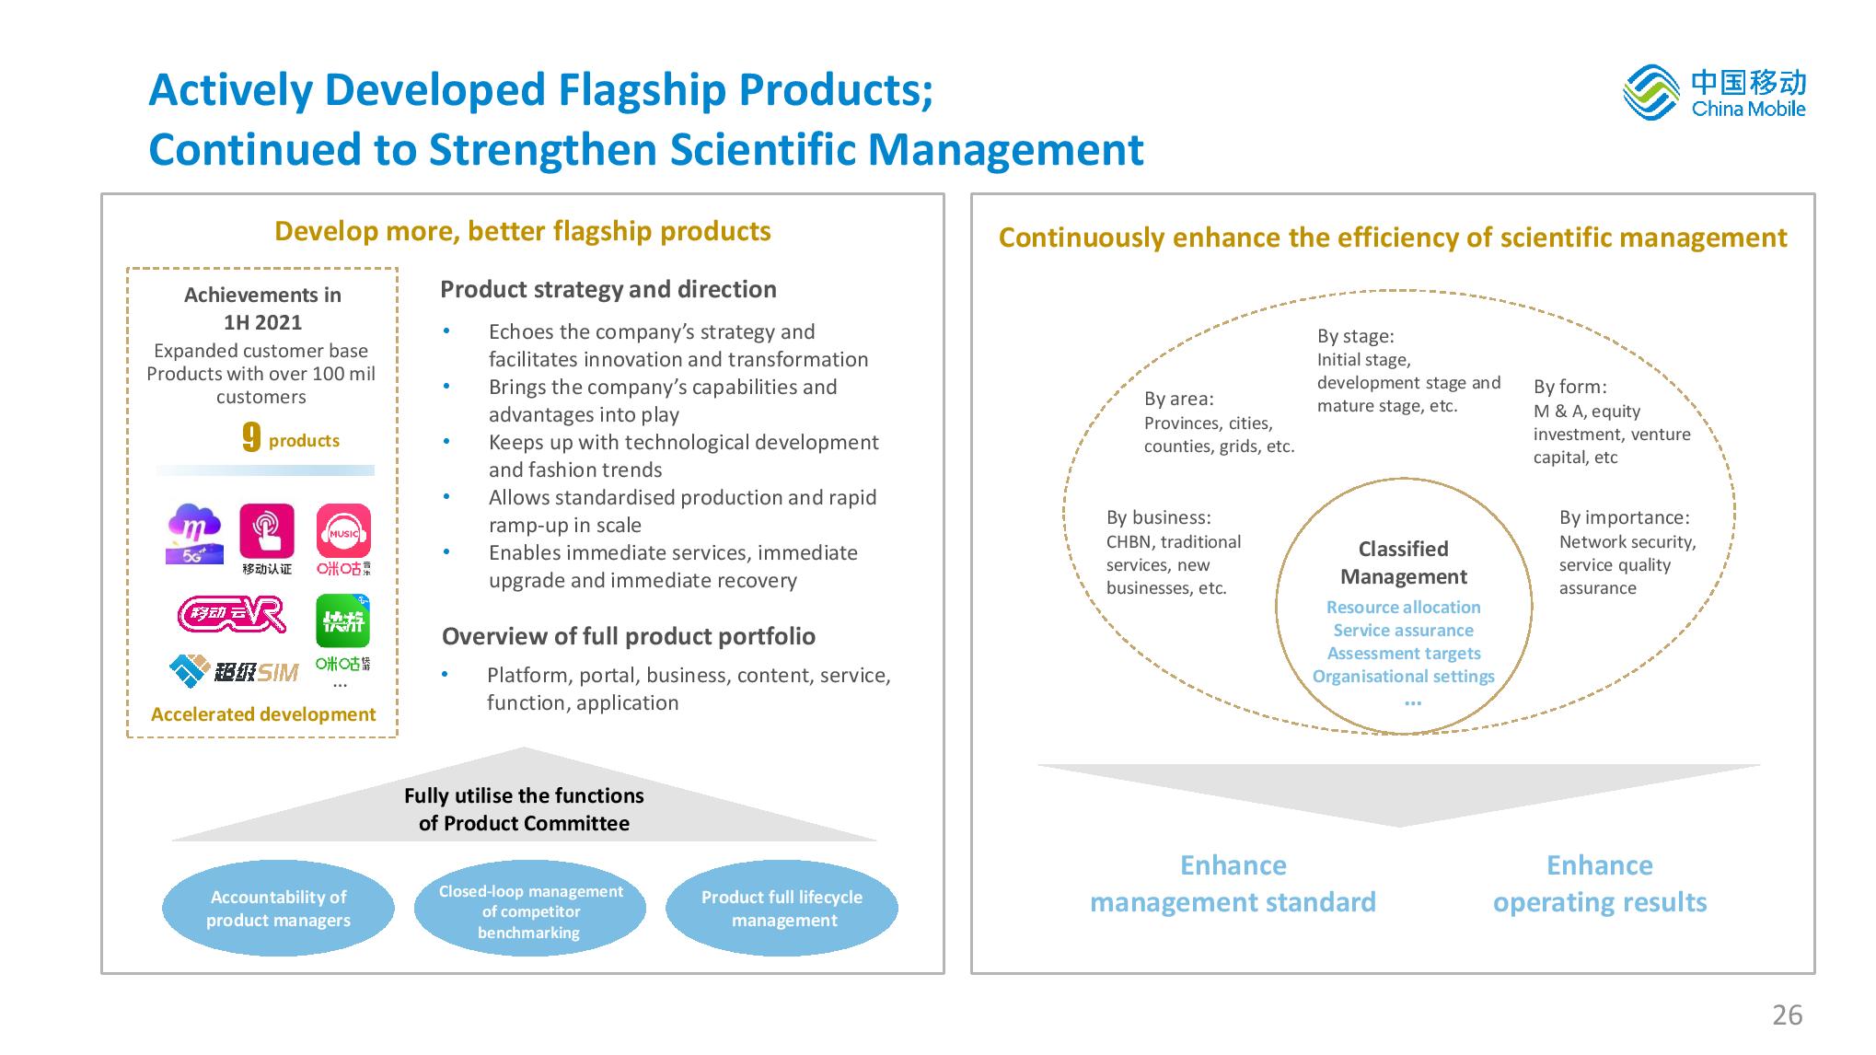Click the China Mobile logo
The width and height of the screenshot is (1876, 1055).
point(1714,92)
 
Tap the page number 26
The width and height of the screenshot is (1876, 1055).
point(1787,1014)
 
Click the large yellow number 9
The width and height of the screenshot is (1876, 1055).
point(251,437)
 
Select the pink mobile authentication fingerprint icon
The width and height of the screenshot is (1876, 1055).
point(267,530)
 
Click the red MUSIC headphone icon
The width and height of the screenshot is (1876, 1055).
point(343,531)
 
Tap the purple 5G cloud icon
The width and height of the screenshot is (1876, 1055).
point(194,533)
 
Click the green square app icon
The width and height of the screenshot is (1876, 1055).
point(343,621)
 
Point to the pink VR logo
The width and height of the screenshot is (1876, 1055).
point(232,615)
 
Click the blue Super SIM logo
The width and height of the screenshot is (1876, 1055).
point(234,671)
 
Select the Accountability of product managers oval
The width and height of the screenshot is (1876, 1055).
point(278,909)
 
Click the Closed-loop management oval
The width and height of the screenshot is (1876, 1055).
point(530,909)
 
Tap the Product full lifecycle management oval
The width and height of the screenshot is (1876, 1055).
point(782,909)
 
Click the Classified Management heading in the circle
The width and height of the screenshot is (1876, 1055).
point(1404,562)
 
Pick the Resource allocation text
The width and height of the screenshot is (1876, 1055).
point(1404,607)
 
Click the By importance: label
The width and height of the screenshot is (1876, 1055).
point(1625,517)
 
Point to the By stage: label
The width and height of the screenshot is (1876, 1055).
point(1355,336)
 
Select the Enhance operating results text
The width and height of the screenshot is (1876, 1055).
point(1600,884)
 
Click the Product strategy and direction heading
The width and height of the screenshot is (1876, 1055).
point(608,289)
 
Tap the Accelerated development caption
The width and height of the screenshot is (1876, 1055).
point(263,714)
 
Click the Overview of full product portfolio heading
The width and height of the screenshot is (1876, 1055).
point(629,636)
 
